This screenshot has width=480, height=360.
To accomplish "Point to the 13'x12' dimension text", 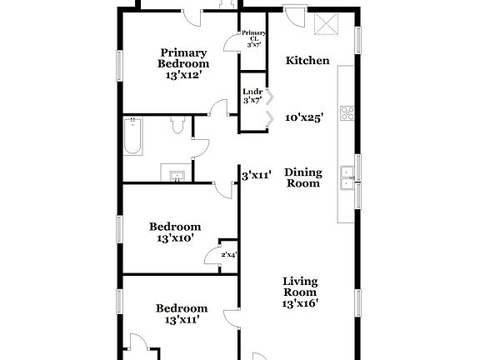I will (184, 75).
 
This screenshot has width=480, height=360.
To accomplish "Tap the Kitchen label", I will (307, 60).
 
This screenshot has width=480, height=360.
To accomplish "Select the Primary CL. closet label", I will (253, 38).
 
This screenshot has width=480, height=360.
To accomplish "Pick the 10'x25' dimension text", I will (304, 117).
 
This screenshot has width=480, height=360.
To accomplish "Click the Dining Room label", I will (303, 177).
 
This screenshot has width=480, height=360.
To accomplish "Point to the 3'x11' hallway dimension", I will (257, 176).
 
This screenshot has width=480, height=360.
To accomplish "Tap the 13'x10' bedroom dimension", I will (175, 238).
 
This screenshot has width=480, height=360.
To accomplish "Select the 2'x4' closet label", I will (228, 253).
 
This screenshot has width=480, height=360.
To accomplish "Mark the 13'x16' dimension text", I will (299, 303).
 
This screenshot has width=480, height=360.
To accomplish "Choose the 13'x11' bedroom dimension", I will (182, 319).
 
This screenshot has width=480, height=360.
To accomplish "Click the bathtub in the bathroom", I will (133, 137).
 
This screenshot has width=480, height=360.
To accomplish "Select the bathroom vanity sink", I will (177, 176).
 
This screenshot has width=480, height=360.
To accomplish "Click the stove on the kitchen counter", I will (347, 115).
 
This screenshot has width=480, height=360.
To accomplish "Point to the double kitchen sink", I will (347, 178).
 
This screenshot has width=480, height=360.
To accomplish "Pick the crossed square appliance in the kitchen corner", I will (325, 26).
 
